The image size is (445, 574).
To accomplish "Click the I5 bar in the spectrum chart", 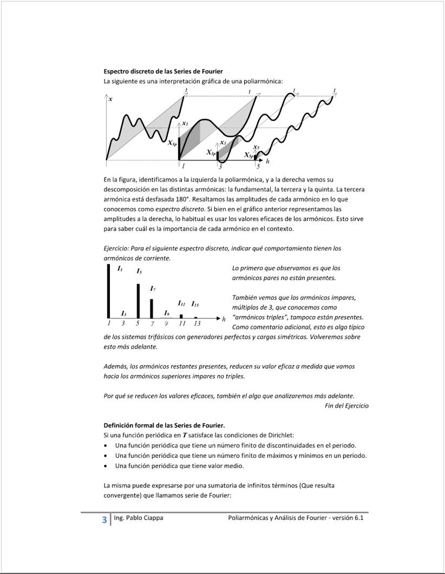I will coord(138,300).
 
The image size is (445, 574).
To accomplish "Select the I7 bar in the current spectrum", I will coord(152,308).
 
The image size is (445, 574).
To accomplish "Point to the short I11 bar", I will coord(181,316).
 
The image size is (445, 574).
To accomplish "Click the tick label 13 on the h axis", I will coord(197,324).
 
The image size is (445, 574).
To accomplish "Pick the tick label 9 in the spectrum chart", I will coord(167,324).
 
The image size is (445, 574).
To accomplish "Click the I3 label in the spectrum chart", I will coord(124,313).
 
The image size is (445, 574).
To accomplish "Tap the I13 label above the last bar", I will coord(195,304).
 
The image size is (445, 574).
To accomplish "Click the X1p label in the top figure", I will coord(172,143).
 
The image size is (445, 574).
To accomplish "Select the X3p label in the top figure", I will coord(211,153).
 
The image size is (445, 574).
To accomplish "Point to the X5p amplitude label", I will coord(248,155).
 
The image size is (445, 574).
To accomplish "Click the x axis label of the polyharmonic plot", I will coord(110,99).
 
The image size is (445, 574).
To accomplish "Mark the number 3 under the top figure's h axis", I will coord(220,167).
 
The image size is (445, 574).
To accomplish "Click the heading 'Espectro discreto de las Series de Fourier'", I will coord(163,71).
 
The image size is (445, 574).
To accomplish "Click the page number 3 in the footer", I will coord(104,520).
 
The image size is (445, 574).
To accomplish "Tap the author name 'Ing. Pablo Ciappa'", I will coord(139,518).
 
